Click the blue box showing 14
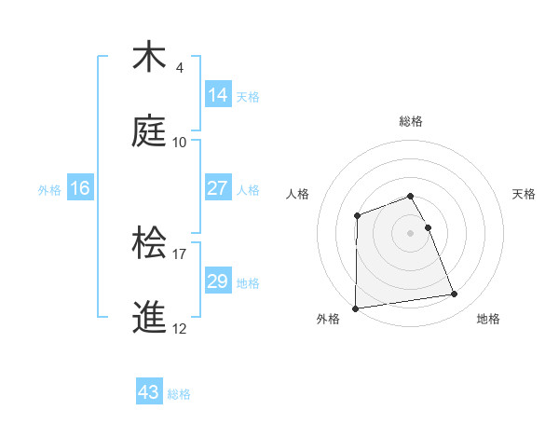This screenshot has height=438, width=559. click(218, 95)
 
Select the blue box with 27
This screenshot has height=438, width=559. click(218, 188)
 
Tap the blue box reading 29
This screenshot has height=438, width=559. click(218, 281)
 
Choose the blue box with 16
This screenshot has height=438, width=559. click(80, 188)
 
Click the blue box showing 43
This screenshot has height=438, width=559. click(149, 392)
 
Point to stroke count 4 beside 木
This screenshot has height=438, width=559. click(180, 68)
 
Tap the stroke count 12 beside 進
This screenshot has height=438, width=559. click(180, 329)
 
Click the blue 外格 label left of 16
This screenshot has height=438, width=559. click(49, 190)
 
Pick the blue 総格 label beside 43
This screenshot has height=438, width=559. click(179, 394)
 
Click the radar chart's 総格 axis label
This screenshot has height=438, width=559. click(411, 121)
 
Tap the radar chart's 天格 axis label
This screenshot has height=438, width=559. click(525, 194)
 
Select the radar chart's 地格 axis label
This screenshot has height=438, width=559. click(488, 319)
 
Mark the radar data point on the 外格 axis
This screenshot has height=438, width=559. click(355, 308)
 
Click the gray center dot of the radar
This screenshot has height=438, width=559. click(411, 232)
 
